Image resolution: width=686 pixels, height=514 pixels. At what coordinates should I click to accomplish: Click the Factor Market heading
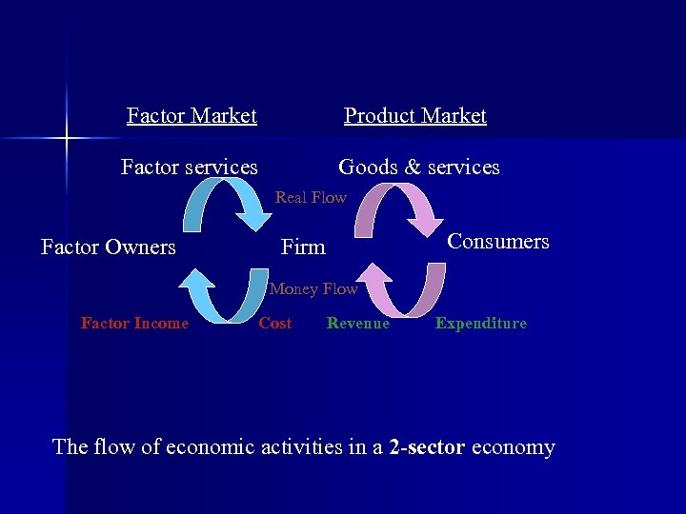tap(192, 116)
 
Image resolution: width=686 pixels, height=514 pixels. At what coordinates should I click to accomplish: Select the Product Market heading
tap(414, 116)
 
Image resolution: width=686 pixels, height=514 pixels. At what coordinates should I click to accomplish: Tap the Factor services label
tap(189, 168)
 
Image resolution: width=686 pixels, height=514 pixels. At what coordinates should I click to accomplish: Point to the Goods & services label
tap(418, 168)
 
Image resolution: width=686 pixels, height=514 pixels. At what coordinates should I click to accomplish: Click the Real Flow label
tap(311, 197)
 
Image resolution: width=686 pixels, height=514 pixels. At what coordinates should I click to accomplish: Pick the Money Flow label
tap(313, 288)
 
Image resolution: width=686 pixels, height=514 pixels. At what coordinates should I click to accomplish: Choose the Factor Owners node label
tap(109, 247)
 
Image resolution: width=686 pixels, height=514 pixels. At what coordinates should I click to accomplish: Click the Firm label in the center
tap(303, 247)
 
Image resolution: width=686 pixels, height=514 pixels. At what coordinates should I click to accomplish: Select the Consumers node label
tap(498, 242)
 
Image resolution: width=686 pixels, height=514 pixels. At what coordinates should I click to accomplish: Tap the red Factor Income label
tap(134, 324)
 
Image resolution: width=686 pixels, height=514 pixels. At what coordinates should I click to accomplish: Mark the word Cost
tap(274, 324)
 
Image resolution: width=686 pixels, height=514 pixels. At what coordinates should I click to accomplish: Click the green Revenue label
tap(357, 324)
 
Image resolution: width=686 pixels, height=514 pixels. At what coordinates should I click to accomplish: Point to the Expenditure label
tap(480, 324)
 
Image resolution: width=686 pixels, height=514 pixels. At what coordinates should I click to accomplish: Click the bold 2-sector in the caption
tap(427, 446)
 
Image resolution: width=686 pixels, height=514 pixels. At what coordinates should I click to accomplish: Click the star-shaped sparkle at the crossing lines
tap(67, 140)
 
